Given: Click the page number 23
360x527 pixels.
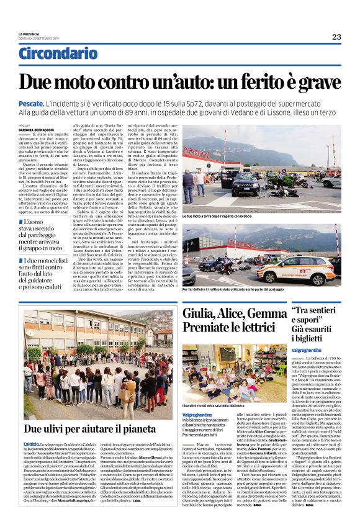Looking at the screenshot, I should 336,37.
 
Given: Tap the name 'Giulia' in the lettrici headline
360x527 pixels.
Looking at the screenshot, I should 200,315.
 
